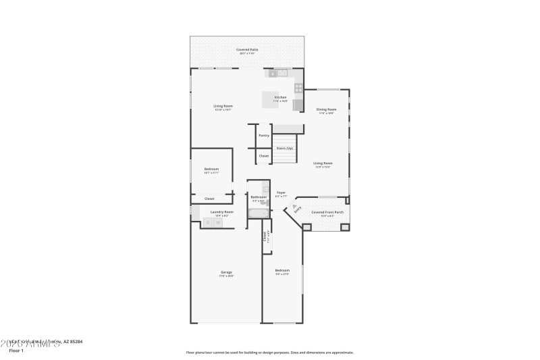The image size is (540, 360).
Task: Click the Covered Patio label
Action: click(247, 50)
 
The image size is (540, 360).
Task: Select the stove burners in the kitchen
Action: click(298, 88)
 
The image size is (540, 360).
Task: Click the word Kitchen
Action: click(280, 97)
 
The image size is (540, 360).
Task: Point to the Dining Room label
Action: click(327, 109)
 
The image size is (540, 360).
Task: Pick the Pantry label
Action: click(263, 136)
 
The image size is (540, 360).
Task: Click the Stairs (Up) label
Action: click(285, 148)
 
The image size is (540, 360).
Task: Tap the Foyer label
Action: click(281, 192)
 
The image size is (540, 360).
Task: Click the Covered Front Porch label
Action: click(327, 212)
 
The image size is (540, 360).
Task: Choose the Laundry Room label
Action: click(221, 212)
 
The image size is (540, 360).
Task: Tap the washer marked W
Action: click(219, 222)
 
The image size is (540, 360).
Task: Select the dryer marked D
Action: click(208, 222)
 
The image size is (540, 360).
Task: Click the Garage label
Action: click(226, 272)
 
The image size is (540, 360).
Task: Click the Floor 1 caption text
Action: click(16, 351)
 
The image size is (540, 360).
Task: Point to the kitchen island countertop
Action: click(271, 99)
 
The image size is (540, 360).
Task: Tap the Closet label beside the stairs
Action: click(263, 156)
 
